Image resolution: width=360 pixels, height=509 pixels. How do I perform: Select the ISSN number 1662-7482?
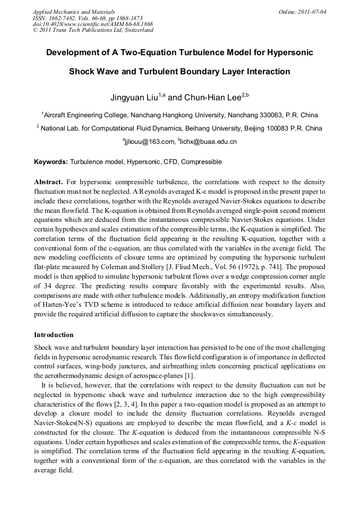64,18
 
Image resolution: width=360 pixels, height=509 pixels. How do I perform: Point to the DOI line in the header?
93,24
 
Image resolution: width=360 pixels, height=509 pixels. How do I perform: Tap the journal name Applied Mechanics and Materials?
74,11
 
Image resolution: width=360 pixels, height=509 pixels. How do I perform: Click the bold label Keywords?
51,161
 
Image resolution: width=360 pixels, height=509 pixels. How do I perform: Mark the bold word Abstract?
49,182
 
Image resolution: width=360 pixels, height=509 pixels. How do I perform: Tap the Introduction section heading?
54,335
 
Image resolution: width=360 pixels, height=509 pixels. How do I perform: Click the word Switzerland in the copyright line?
137,30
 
